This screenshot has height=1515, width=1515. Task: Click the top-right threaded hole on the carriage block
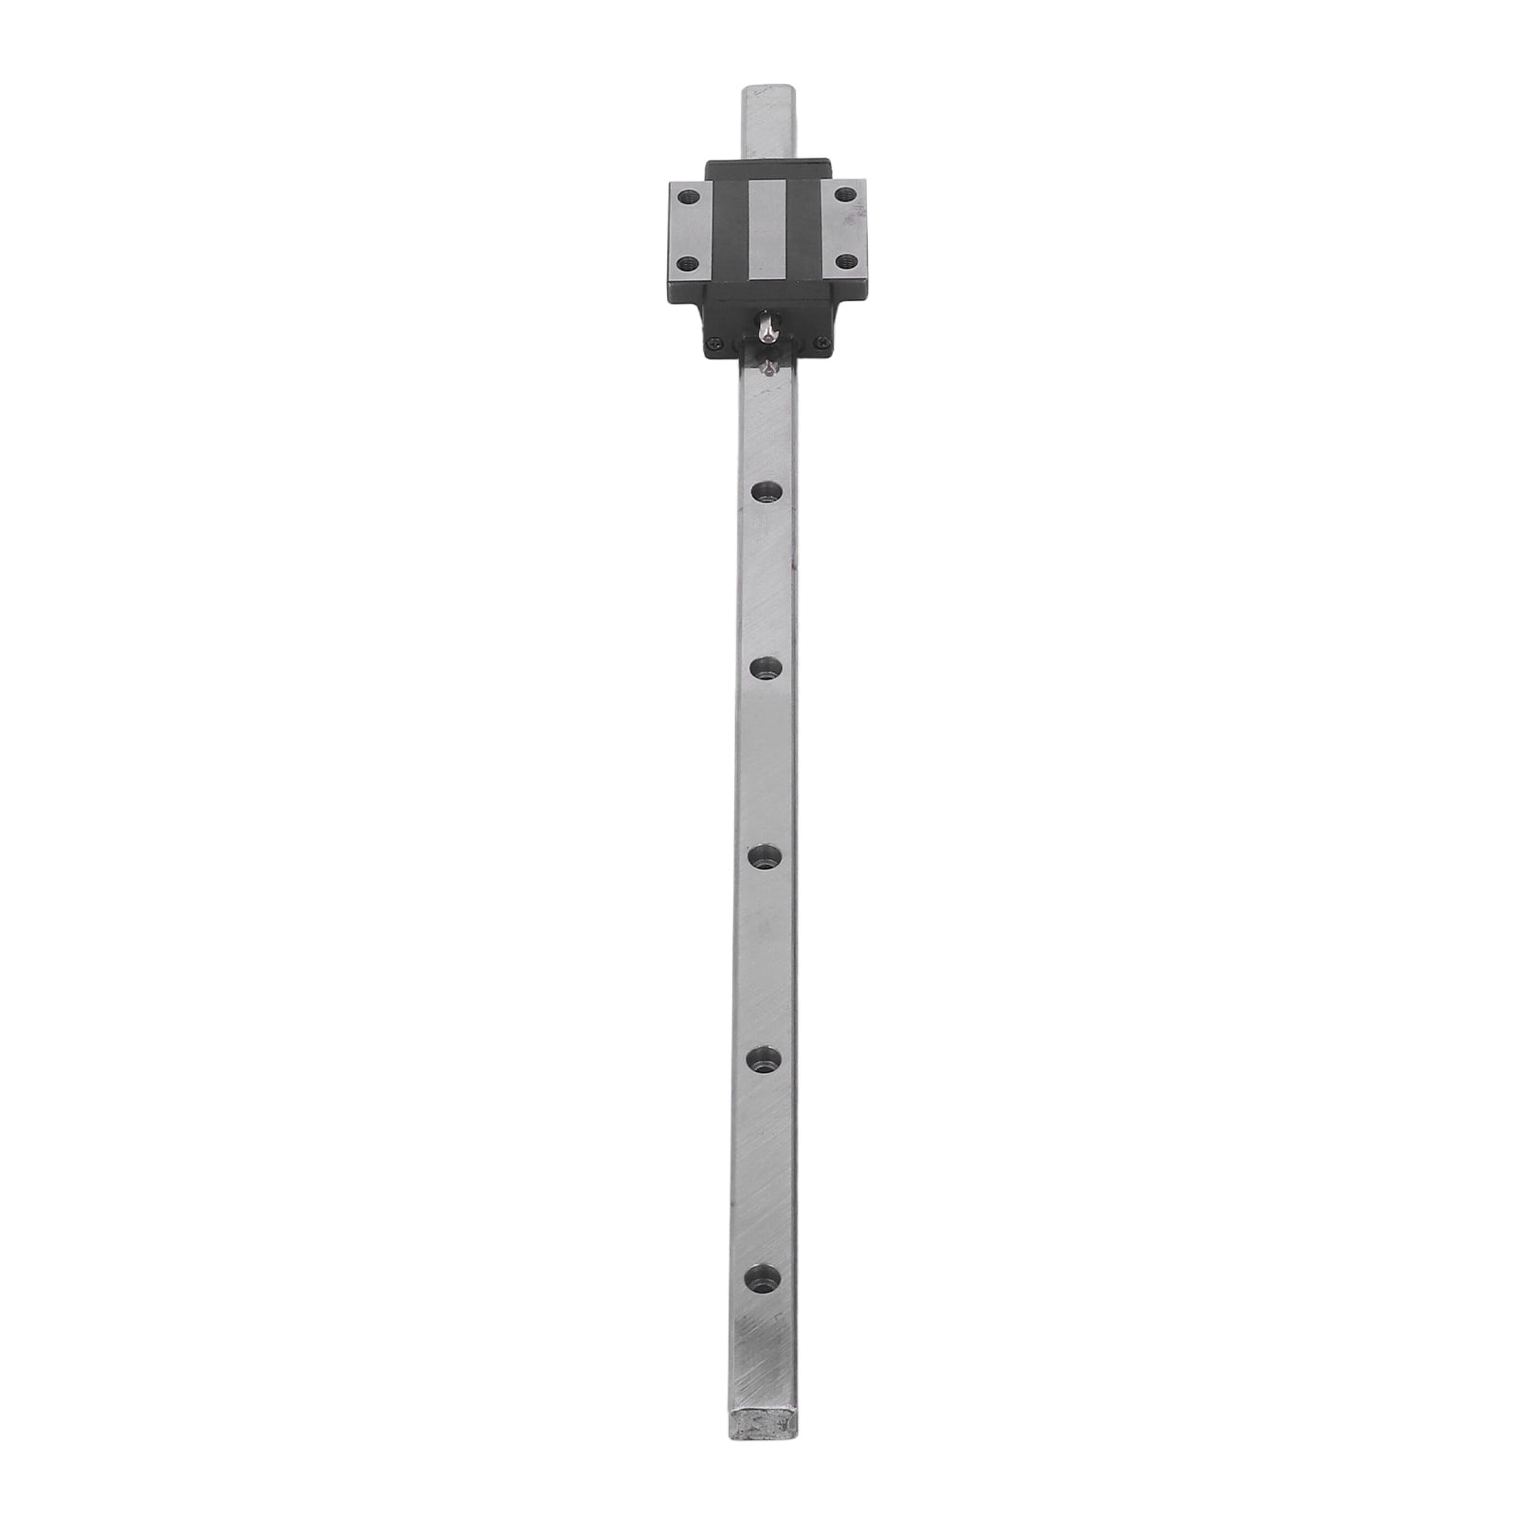pos(845,194)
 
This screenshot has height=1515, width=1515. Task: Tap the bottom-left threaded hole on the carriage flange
pos(688,263)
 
